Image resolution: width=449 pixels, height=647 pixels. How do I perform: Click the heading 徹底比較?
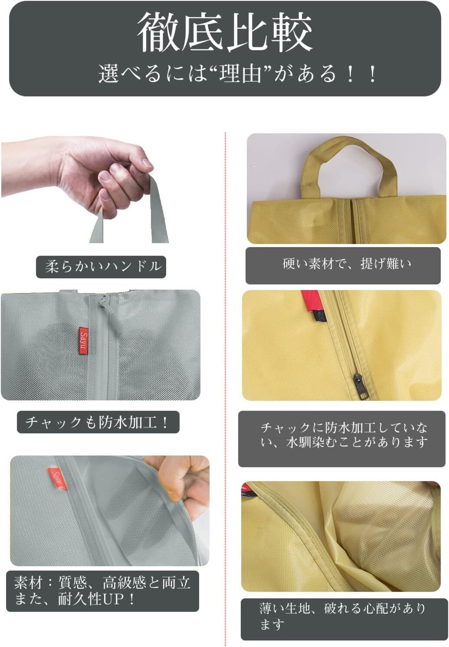pyautogui.click(x=224, y=32)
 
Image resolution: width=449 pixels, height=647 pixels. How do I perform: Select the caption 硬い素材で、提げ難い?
pyautogui.click(x=347, y=264)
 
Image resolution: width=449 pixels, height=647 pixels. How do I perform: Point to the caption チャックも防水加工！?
pyautogui.click(x=98, y=422)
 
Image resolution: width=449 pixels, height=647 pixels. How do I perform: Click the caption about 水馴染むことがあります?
pyautogui.click(x=344, y=435)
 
